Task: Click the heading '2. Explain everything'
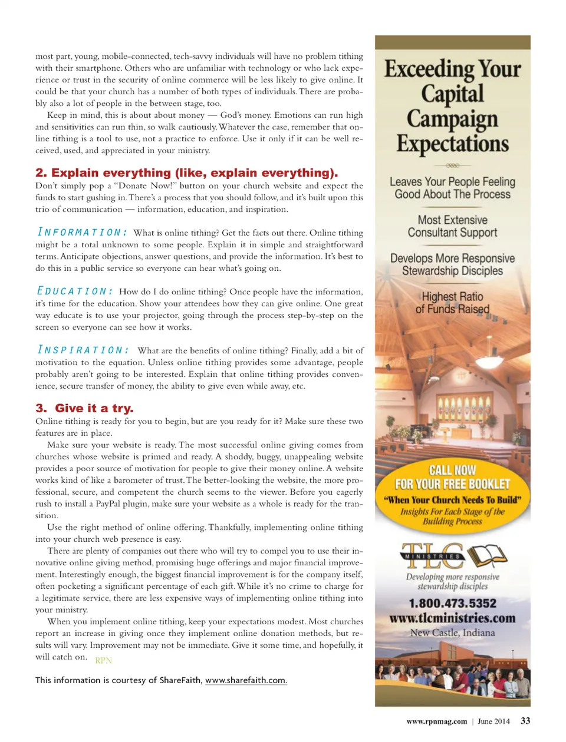pyautogui.click(x=186, y=173)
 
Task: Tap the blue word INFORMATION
pyautogui.click(x=82, y=232)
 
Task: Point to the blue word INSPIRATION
pyautogui.click(x=83, y=350)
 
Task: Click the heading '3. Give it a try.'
pyautogui.click(x=84, y=408)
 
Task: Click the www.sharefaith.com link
pyautogui.click(x=246, y=680)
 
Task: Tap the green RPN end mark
pyautogui.click(x=103, y=660)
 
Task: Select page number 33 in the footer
pyautogui.click(x=525, y=721)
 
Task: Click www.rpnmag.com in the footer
pyautogui.click(x=436, y=721)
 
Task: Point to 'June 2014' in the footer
pyautogui.click(x=493, y=721)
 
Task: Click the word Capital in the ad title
pyautogui.click(x=452, y=94)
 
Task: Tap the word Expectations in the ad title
pyautogui.click(x=452, y=144)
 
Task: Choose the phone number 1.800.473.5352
pyautogui.click(x=452, y=603)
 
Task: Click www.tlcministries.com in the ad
pyautogui.click(x=452, y=618)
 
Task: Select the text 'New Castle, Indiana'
pyautogui.click(x=452, y=632)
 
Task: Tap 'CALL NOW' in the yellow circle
pyautogui.click(x=452, y=470)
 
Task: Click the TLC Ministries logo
pyautogui.click(x=452, y=555)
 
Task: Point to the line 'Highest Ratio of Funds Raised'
pyautogui.click(x=452, y=303)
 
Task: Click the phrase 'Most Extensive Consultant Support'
pyautogui.click(x=452, y=226)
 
